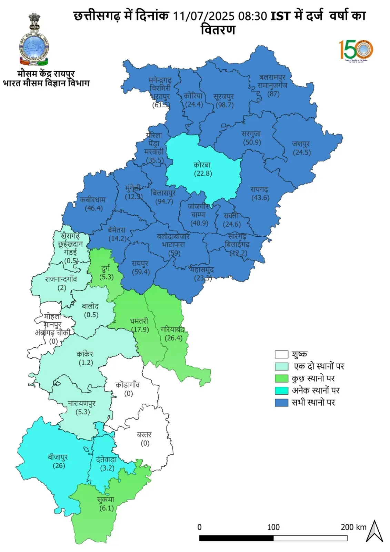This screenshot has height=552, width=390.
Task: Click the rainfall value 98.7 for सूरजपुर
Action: click(224, 105)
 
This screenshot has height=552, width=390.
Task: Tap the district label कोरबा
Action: click(202, 165)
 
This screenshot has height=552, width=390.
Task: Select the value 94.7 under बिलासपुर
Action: click(164, 201)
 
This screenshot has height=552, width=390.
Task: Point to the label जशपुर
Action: click(301, 144)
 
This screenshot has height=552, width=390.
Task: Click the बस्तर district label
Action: click(144, 434)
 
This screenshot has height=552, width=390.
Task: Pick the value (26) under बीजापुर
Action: click(59, 466)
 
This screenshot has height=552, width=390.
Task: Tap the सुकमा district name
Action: click(106, 500)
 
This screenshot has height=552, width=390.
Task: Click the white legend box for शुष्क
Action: click(281, 354)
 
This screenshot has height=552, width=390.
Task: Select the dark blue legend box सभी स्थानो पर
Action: click(281, 403)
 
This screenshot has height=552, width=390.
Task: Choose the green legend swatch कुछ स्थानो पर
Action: click(281, 378)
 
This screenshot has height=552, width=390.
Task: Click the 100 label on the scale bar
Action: click(273, 527)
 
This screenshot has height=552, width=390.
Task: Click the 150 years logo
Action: click(356, 50)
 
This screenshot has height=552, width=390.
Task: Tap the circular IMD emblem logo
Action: click(34, 48)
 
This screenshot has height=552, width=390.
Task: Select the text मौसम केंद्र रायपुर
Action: click(46, 73)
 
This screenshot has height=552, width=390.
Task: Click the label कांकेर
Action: click(85, 354)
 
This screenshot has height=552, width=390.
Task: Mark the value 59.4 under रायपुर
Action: click(141, 272)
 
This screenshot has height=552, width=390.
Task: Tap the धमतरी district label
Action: click(139, 321)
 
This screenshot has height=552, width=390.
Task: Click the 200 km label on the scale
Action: click(353, 527)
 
